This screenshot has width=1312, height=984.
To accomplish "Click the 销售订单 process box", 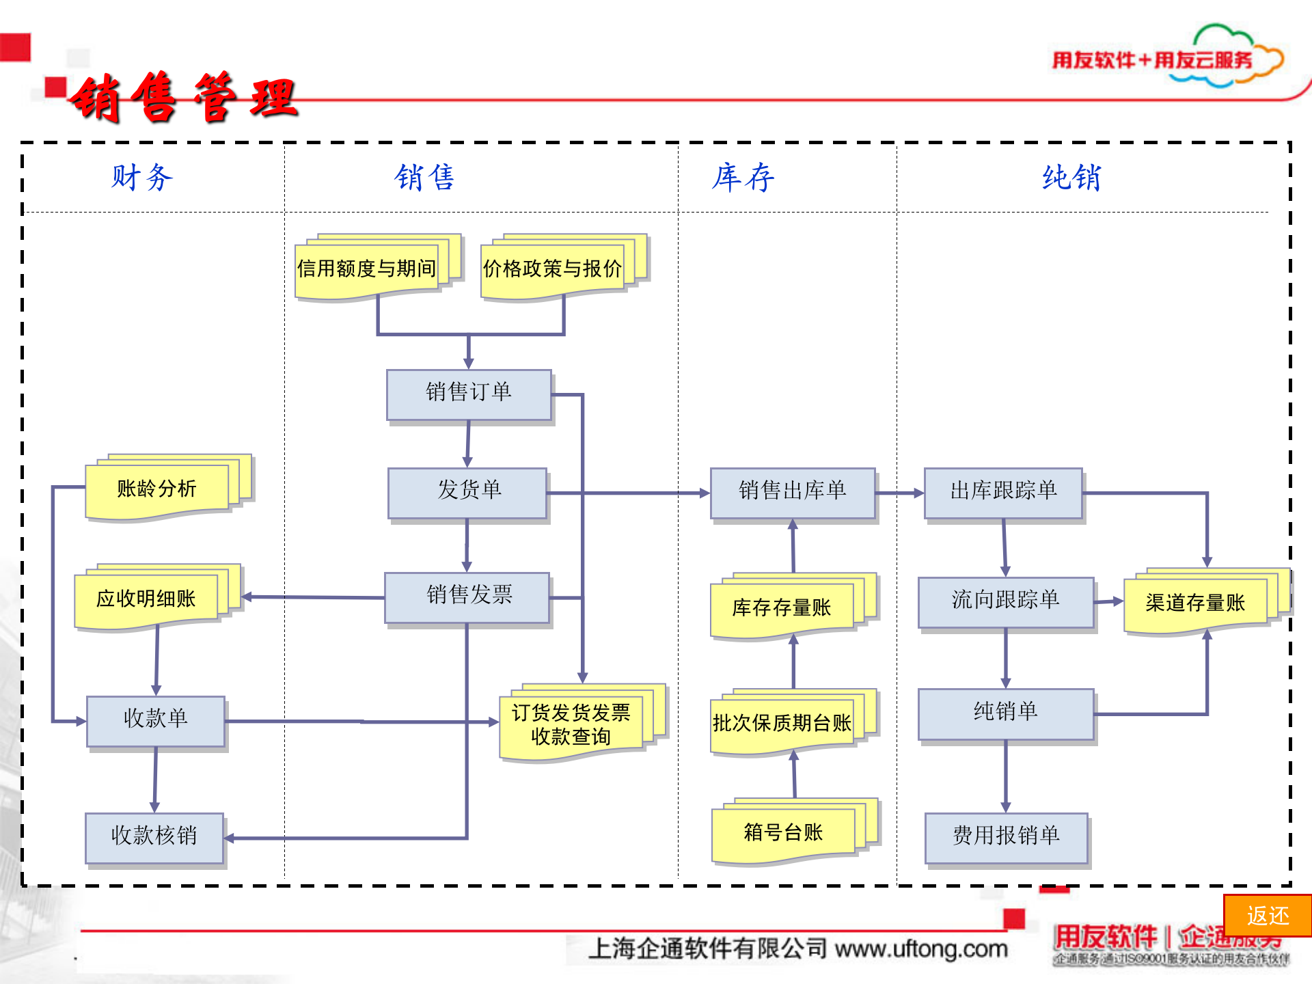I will click(469, 394).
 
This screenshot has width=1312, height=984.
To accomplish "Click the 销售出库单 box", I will click(792, 492).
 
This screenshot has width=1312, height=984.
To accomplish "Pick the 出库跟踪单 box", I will click(1003, 492).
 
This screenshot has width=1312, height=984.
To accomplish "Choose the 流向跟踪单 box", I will click(1005, 601).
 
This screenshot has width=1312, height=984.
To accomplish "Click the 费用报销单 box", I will click(1006, 837).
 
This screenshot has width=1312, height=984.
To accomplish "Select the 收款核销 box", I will click(154, 837).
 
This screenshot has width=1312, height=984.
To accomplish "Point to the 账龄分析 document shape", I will click(157, 489).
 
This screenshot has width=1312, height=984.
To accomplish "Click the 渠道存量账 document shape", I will click(1195, 603).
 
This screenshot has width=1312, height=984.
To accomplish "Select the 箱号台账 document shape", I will click(783, 833).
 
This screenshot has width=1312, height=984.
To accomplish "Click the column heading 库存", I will click(743, 178).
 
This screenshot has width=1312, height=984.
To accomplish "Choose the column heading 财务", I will click(142, 178).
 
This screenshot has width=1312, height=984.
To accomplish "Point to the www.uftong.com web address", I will click(921, 949).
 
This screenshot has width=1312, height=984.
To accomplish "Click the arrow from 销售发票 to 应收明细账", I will click(314, 597).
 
